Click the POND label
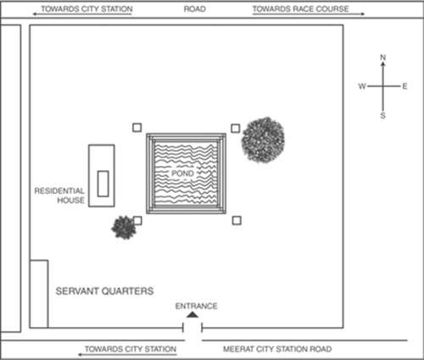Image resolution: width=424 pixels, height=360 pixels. point(182,173)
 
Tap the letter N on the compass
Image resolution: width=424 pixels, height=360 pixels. point(383,58)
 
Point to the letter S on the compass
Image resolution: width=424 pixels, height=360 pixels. point(382,115)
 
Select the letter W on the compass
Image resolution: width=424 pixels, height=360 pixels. point(362,86)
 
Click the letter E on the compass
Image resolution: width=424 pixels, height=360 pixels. point(404,86)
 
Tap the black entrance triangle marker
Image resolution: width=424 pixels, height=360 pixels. point(192,314)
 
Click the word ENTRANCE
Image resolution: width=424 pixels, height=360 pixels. point(197,306)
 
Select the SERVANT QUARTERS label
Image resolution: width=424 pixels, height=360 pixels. point(104,291)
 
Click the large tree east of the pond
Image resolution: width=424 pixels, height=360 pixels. point(263,140)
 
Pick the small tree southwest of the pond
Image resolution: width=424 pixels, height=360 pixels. point(124,227)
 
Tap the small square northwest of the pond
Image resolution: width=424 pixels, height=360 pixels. point(137,128)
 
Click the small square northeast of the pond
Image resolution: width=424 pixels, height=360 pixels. point(236,129)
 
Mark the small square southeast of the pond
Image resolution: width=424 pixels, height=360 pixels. point(237,220)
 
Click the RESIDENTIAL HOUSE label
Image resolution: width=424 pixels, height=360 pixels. point(59,196)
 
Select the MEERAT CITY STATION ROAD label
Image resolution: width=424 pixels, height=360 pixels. point(277,349)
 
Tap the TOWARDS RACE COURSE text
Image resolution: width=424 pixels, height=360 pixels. point(300,9)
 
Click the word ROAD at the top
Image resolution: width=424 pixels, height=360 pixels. point(195,9)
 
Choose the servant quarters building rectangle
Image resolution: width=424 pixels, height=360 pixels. point(39,294)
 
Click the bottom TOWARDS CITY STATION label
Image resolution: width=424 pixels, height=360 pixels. point(131,349)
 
